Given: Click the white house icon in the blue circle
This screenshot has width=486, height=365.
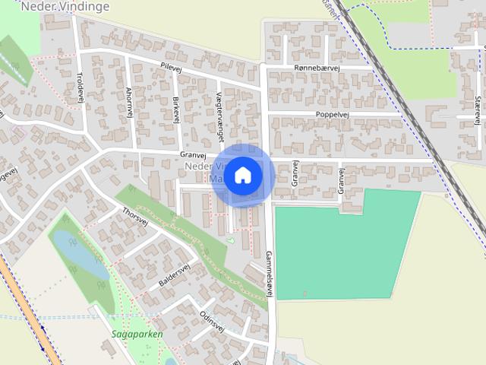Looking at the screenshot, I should [242, 176].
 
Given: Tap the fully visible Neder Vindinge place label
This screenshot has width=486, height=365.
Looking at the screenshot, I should [65, 7].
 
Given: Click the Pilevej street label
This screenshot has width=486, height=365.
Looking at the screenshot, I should [172, 68].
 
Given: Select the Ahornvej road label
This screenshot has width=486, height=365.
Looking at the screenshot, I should [128, 100].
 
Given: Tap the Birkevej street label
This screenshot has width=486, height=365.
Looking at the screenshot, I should [176, 107].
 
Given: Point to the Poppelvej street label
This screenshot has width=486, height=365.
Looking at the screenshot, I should [331, 114].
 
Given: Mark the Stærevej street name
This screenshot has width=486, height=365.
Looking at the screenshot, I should [477, 111].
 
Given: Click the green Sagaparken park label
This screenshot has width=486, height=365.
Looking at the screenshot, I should [137, 333].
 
